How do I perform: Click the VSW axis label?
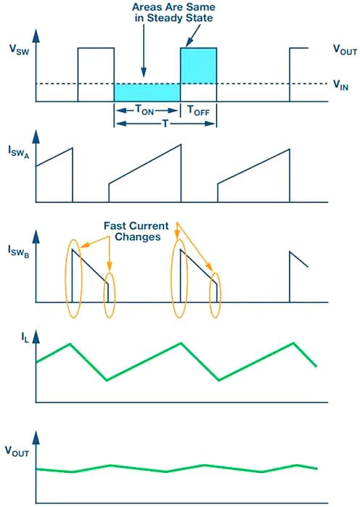tap(17, 50)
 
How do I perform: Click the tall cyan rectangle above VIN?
tap(198, 65)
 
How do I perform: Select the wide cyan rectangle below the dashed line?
tap(147, 92)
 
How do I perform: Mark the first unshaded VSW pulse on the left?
tap(96, 73)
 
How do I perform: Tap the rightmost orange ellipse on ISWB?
tap(216, 295)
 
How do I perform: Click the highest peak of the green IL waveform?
tap(180, 342)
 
